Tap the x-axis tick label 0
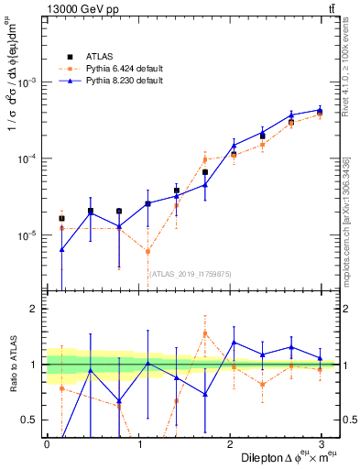[47, 442]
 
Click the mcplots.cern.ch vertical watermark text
[349, 220]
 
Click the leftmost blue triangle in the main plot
[61, 249]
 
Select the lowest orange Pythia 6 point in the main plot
[147, 252]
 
